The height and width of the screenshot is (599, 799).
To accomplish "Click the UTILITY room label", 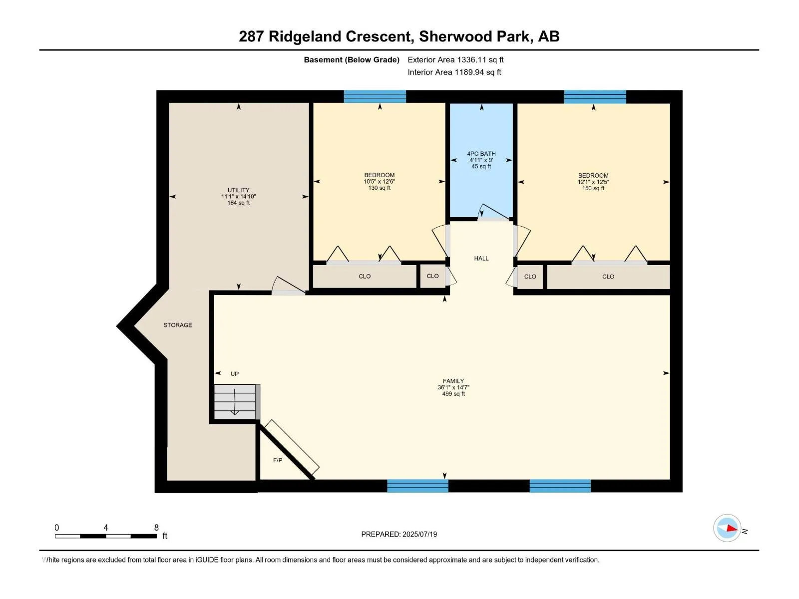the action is pyautogui.click(x=238, y=190).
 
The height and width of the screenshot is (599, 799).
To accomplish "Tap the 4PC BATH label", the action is pyautogui.click(x=481, y=153).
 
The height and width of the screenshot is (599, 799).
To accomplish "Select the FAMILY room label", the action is pyautogui.click(x=453, y=381).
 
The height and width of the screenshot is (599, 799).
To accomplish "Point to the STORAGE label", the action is pyautogui.click(x=178, y=325).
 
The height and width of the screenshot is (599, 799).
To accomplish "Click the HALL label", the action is pyautogui.click(x=481, y=258).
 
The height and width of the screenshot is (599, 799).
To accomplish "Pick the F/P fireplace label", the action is pyautogui.click(x=278, y=460).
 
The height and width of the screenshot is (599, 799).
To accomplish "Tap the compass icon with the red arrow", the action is pyautogui.click(x=727, y=528).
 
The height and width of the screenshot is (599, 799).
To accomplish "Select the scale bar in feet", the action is pyautogui.click(x=106, y=536).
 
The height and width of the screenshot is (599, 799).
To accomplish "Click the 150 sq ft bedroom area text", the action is pyautogui.click(x=593, y=188).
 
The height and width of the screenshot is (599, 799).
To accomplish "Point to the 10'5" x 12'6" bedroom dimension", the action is pyautogui.click(x=380, y=181).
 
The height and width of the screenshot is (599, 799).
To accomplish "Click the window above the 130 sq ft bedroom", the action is pyautogui.click(x=375, y=96).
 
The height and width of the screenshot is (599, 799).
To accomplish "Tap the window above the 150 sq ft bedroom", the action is pyautogui.click(x=595, y=97).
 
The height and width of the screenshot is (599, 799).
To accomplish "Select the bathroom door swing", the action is pyautogui.click(x=493, y=213).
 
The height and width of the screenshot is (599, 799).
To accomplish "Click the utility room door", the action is pyautogui.click(x=288, y=286).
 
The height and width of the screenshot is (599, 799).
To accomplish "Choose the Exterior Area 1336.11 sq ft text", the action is pyautogui.click(x=455, y=59).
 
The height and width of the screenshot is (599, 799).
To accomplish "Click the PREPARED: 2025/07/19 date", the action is pyautogui.click(x=399, y=534).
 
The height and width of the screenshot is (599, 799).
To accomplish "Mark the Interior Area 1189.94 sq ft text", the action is pyautogui.click(x=454, y=72).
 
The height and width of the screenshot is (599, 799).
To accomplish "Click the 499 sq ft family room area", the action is pyautogui.click(x=453, y=393).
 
